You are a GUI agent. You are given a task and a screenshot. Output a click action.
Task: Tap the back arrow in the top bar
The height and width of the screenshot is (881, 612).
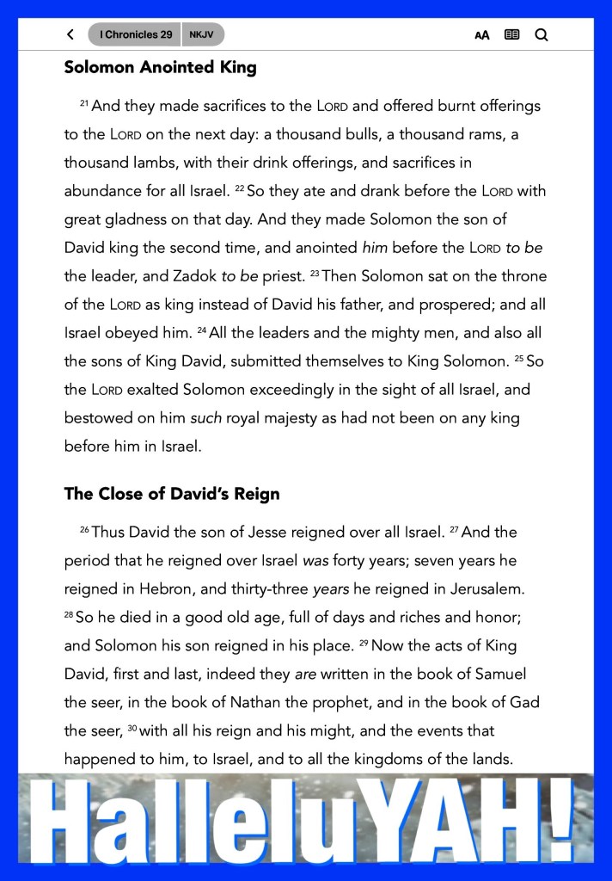70,35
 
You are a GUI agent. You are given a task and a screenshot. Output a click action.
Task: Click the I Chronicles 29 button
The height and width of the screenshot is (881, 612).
135,35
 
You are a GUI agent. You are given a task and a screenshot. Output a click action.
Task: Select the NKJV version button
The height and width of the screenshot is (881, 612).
203,35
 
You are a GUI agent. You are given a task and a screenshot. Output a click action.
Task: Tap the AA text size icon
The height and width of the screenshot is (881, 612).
482,36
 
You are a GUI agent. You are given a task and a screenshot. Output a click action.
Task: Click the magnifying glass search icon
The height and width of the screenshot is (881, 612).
541,35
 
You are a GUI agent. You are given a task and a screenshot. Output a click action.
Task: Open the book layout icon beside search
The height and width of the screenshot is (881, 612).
511,35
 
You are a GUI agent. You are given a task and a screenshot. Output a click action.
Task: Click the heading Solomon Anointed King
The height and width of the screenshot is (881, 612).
160,67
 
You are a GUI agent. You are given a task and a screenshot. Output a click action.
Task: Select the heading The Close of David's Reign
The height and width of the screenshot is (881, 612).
171,494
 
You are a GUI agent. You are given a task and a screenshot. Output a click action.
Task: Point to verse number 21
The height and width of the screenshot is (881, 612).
84,103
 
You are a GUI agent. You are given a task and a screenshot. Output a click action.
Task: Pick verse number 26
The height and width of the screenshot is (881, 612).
84,529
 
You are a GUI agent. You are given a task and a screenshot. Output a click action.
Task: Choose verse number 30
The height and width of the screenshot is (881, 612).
132,728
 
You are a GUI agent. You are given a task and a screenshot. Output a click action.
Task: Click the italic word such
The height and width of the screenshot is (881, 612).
205,417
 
